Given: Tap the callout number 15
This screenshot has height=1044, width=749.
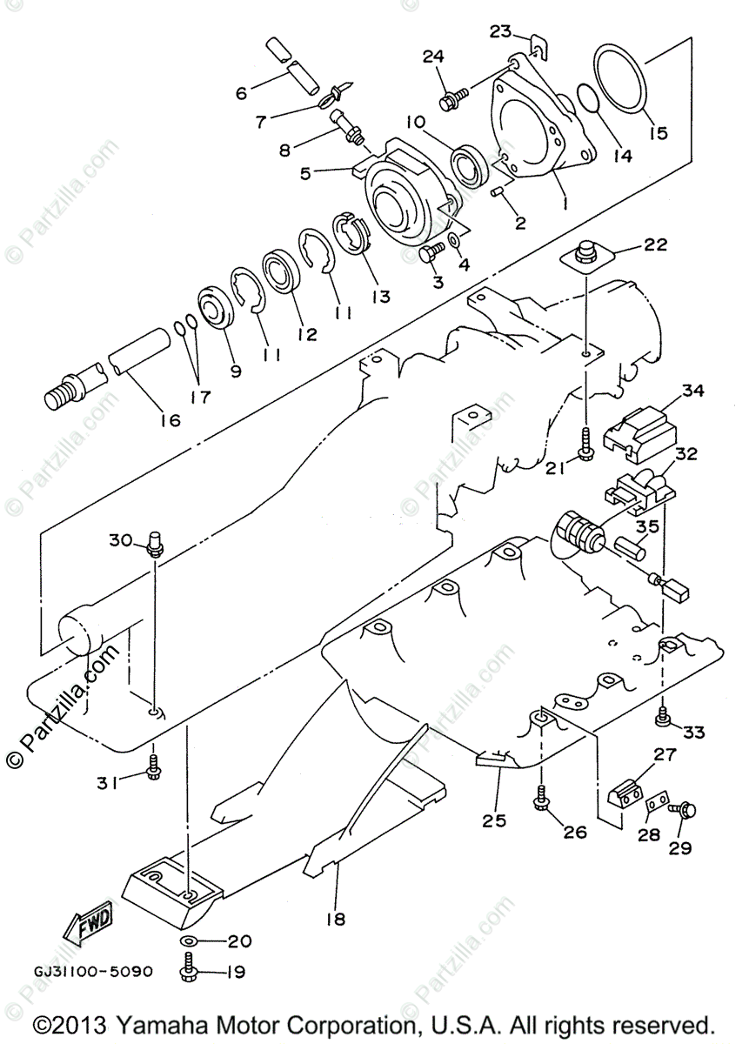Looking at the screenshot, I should [x=657, y=132].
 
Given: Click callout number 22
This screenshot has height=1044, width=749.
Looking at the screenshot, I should [x=656, y=244].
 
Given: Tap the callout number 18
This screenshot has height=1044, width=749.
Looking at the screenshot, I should [x=336, y=918].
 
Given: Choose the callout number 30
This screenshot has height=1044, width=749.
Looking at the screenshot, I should [x=121, y=539].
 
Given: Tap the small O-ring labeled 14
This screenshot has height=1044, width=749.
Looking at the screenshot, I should [x=589, y=99].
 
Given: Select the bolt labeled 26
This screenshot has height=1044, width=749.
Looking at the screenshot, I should [x=541, y=797].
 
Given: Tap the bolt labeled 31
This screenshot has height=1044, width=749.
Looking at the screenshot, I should [x=153, y=767].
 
